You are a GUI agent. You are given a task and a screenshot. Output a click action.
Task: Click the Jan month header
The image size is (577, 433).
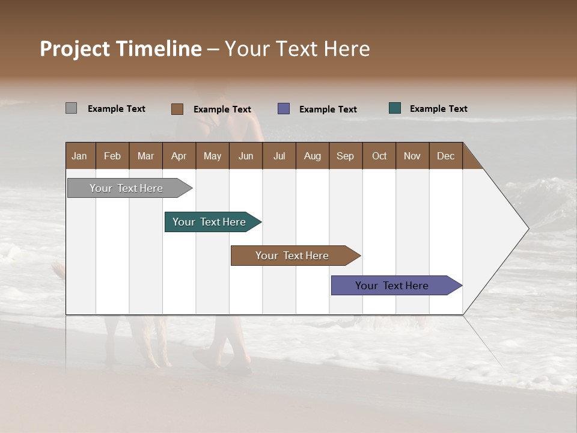pyautogui.click(x=80, y=156)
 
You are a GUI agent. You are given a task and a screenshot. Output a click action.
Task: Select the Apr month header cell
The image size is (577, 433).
pyautogui.click(x=179, y=156)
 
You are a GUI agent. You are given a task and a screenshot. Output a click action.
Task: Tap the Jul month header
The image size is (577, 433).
pyautogui.click(x=279, y=156)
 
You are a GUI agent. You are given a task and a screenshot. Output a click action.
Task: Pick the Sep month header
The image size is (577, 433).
pyautogui.click(x=346, y=156)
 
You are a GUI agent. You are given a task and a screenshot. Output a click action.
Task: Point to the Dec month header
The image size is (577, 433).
pyautogui.click(x=445, y=156)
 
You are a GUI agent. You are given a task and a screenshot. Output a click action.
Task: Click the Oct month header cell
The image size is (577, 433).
pyautogui.click(x=379, y=156)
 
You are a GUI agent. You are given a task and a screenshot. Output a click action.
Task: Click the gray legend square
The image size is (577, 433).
pyautogui.click(x=71, y=108)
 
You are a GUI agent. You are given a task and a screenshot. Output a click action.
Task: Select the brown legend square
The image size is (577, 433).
pyautogui.click(x=177, y=109)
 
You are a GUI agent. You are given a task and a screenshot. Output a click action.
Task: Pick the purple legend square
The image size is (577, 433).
pyautogui.click(x=284, y=109)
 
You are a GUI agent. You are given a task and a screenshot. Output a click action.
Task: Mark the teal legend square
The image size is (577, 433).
pyautogui.click(x=395, y=108)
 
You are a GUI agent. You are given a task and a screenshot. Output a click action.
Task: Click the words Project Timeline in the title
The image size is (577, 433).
pyautogui.click(x=120, y=49)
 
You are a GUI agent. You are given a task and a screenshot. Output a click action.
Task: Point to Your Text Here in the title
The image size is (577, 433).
pyautogui.click(x=297, y=49)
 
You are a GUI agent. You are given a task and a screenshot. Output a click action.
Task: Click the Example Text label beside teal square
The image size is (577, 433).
pyautogui.click(x=438, y=109)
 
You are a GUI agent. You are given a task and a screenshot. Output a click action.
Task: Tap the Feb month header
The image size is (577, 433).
pyautogui.click(x=112, y=156)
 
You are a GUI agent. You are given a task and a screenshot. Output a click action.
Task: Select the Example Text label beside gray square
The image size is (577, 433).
pyautogui.click(x=117, y=109)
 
